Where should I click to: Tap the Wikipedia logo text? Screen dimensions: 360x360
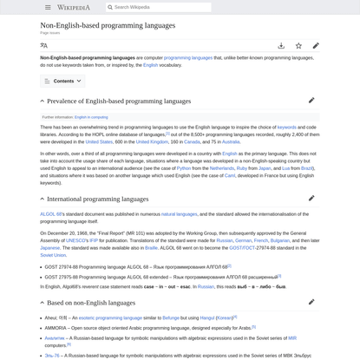click(x=74, y=7)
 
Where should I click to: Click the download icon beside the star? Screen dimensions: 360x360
click(x=281, y=45)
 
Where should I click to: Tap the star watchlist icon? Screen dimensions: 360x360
click(x=298, y=45)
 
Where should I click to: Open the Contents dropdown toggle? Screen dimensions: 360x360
click(x=62, y=81)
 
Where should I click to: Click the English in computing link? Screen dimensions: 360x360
click(x=91, y=116)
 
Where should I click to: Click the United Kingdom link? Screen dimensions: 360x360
click(x=152, y=141)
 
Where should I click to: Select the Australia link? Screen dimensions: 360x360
click(x=231, y=141)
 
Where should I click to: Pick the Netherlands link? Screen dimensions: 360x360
click(x=221, y=168)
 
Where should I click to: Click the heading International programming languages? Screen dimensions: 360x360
click(x=97, y=199)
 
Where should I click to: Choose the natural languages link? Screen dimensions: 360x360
click(x=179, y=213)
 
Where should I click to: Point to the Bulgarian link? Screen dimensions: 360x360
click(x=279, y=239)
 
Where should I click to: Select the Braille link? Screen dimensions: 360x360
click(x=151, y=247)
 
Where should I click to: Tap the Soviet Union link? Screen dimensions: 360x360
click(x=53, y=255)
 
